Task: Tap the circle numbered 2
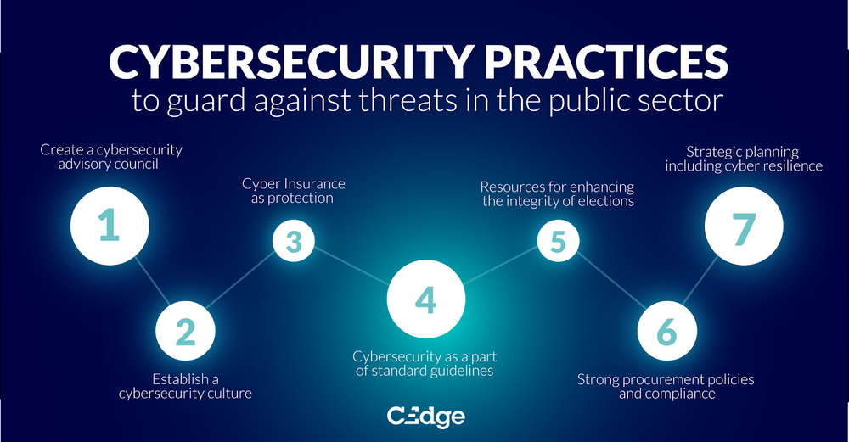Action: pos(185,332)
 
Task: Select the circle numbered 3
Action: pos(294,241)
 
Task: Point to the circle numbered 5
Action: pos(557,241)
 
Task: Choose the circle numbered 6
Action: pos(666,332)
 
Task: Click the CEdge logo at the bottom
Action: pos(424,417)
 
